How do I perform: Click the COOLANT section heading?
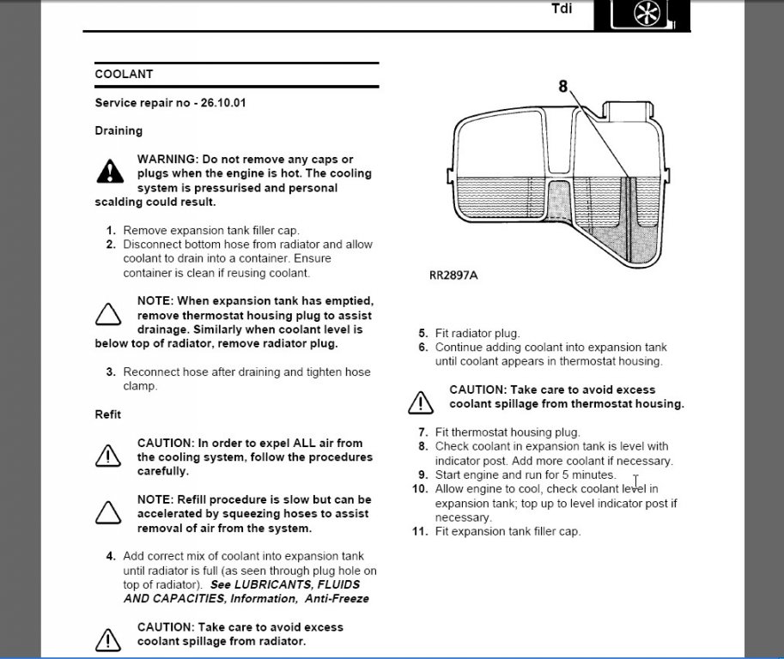[x=124, y=75]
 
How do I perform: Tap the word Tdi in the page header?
[x=562, y=11]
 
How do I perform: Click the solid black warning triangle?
[x=110, y=172]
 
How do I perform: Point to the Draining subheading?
[x=119, y=130]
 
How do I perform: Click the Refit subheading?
[x=107, y=414]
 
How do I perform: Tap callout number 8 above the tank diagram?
[x=563, y=86]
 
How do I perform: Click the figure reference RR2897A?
[x=453, y=276]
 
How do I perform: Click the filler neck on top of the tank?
[x=629, y=112]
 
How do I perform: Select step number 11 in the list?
[x=419, y=531]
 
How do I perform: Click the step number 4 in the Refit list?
[x=111, y=556]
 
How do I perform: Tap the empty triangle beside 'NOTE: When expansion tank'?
[x=108, y=314]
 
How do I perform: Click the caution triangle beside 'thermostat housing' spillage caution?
[x=421, y=401]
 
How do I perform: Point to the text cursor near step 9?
[x=635, y=482]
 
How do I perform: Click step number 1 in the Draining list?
[x=111, y=230]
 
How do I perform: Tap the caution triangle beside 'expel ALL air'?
[x=108, y=456]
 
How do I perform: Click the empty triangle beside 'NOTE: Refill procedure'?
[x=108, y=512]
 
